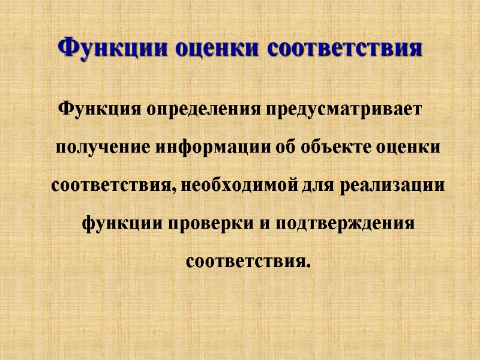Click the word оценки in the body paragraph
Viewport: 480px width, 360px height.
point(409,147)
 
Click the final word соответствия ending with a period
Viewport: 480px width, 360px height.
point(248,262)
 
